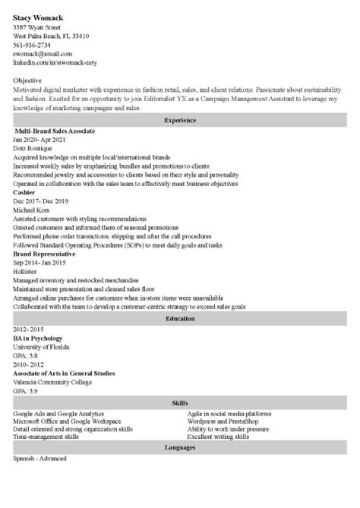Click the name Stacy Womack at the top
pyautogui.click(x=39, y=16)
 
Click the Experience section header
pyautogui.click(x=179, y=120)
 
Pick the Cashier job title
pyautogui.click(x=24, y=193)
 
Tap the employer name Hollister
pyautogui.click(x=27, y=271)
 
